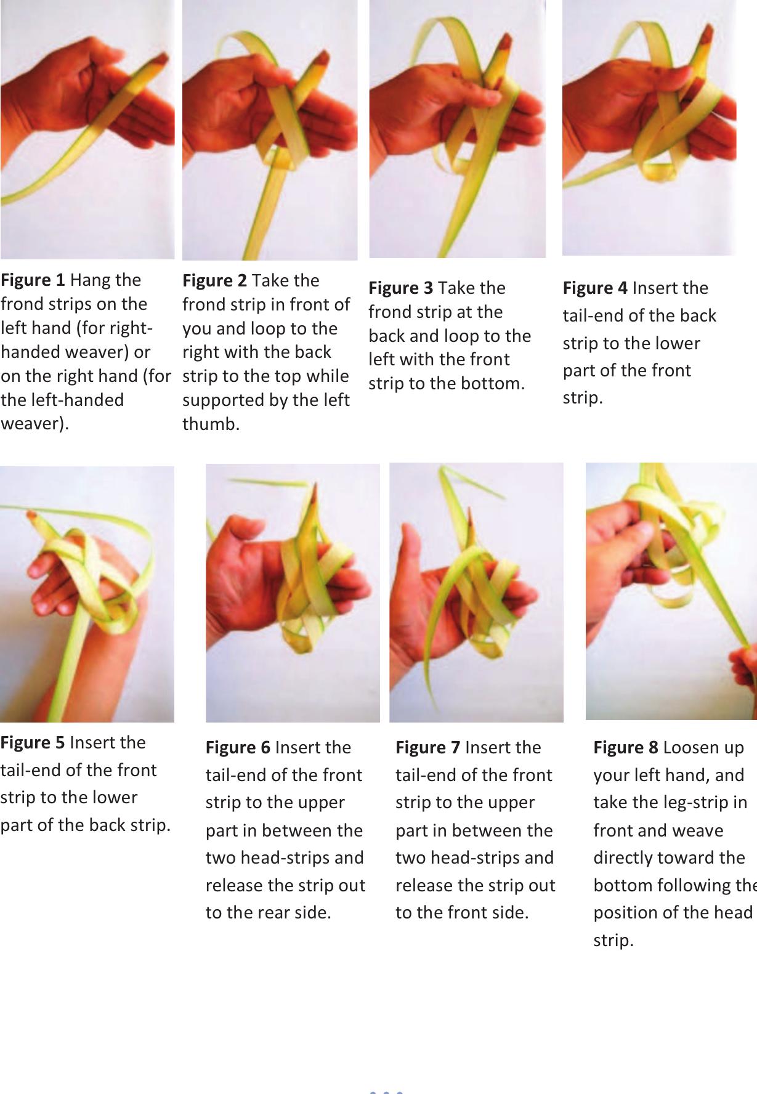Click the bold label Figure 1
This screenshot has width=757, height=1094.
coord(33,280)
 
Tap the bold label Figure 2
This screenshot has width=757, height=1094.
coord(214,281)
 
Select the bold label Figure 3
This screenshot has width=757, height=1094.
coord(400,288)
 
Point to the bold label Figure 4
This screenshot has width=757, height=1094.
coord(595,288)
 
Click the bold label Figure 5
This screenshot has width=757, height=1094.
coord(32,742)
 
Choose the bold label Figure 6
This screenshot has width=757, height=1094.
coord(238,748)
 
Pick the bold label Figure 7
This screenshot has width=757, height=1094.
coord(427,748)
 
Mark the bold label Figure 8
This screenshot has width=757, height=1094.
coord(626,748)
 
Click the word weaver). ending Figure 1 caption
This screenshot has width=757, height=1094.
coord(35,424)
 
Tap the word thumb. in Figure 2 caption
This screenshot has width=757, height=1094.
coord(211,424)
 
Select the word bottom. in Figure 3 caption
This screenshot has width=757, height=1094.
coord(493,384)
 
